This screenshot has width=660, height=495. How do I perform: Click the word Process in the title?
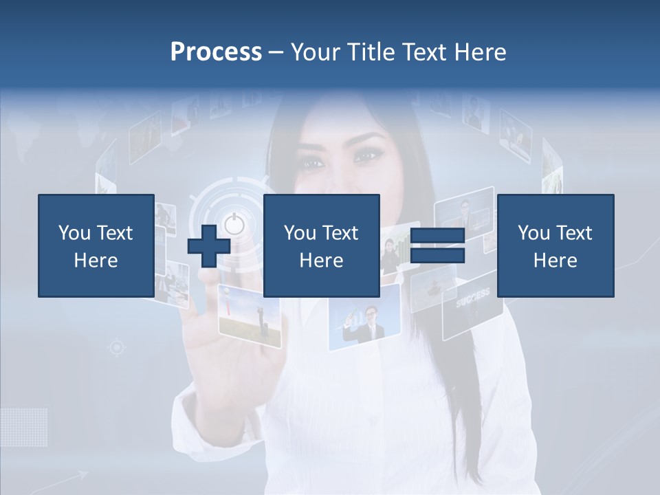click(216, 52)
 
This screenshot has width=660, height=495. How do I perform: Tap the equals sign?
click(438, 246)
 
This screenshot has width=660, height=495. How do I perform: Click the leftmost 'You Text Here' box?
click(96, 245)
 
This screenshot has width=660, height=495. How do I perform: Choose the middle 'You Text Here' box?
click(322, 245)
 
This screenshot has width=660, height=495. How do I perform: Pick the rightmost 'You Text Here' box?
click(555, 245)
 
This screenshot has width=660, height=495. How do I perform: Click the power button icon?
click(234, 224)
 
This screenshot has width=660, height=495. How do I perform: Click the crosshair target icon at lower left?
click(117, 348)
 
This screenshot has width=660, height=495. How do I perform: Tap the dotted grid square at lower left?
click(24, 426)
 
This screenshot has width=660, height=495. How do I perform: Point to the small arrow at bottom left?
click(76, 476)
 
